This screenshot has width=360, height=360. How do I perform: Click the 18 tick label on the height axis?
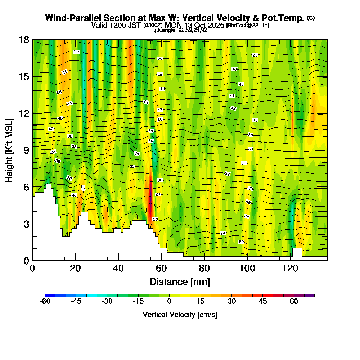[24, 40]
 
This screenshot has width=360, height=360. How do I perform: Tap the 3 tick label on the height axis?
[26, 224]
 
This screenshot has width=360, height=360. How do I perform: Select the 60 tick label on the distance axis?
[161, 268]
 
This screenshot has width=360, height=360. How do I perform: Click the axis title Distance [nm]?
[180, 282]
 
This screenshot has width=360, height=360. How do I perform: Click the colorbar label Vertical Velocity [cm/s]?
[180, 315]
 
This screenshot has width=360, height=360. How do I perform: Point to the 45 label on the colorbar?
[263, 302]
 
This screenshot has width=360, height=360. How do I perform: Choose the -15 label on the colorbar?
[138, 302]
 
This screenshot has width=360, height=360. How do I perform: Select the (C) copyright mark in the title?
[311, 18]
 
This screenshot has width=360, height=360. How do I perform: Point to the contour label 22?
[241, 242]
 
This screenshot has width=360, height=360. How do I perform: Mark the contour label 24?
[223, 233]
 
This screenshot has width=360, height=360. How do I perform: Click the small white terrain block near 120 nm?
[297, 252]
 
